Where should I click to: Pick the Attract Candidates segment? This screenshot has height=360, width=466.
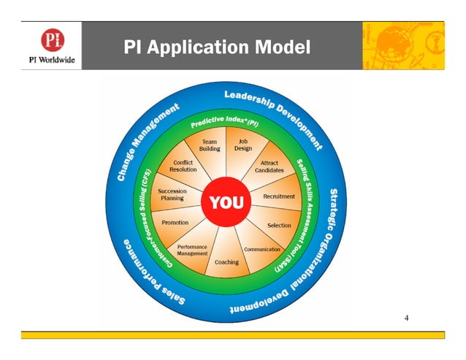(269, 166)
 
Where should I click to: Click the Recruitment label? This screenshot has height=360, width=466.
(278, 196)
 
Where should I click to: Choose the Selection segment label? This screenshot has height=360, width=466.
(278, 226)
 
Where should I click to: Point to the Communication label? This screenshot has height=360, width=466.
(261, 250)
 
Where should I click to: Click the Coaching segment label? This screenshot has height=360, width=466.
(226, 262)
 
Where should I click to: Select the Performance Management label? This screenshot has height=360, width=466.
(193, 250)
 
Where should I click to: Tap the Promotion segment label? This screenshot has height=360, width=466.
(175, 223)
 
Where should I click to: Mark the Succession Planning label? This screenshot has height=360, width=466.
(172, 194)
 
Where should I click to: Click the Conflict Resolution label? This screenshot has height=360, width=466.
(183, 166)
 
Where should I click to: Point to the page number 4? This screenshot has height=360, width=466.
(407, 318)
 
